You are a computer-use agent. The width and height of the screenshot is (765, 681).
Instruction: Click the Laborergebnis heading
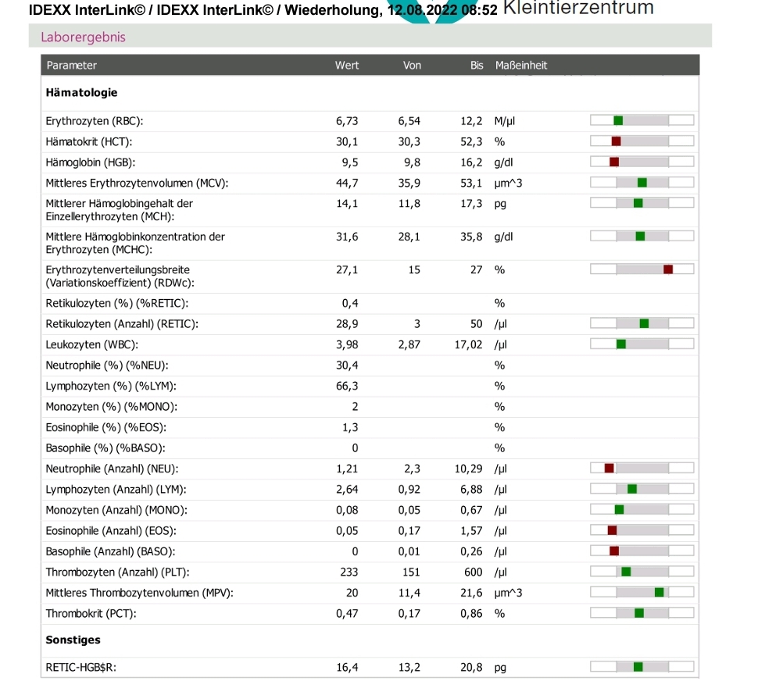83,37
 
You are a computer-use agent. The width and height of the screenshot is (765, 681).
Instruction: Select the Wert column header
347,66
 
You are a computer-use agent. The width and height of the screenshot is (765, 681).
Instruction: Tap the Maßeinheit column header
521,66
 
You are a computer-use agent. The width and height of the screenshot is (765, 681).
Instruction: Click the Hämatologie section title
81,93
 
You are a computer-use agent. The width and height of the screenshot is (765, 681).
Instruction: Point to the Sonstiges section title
73,640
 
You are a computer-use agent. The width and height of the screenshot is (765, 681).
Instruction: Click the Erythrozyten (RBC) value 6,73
347,121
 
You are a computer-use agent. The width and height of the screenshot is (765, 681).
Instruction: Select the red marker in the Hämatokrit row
617,141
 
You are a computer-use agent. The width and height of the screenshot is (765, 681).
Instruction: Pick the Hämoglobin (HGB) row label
91,162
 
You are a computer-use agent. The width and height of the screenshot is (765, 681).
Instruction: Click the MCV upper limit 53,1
471,184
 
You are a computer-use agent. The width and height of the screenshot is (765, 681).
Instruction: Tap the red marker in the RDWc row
668,269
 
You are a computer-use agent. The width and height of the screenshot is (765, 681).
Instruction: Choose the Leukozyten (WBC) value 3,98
347,344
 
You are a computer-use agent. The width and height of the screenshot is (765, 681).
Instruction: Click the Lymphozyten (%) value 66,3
347,386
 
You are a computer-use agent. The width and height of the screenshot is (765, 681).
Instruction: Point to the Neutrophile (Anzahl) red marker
609,469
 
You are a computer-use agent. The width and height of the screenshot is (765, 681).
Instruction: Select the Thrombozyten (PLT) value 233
349,572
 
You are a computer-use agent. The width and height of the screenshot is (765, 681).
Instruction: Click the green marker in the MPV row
660,592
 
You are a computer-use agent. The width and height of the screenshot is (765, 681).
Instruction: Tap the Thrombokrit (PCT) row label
91,613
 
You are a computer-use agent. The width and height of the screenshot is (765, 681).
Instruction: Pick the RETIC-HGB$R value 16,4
347,667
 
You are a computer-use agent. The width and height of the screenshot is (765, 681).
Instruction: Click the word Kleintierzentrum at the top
578,8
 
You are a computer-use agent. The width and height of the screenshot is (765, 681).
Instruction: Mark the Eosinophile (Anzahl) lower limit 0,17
409,531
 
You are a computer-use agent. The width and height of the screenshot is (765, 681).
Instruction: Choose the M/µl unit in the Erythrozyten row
505,121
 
